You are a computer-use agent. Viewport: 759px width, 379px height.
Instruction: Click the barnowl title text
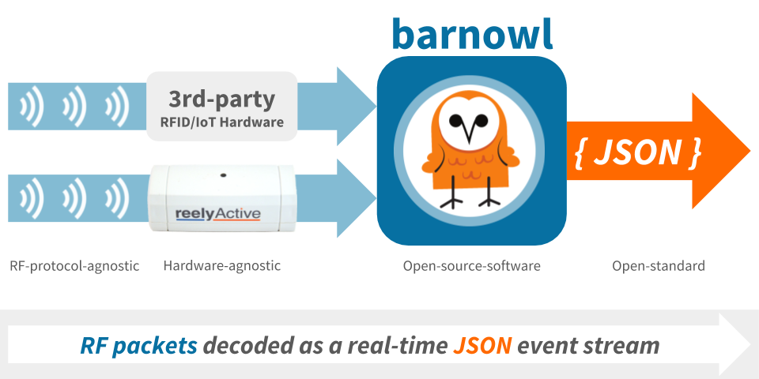pos(471,34)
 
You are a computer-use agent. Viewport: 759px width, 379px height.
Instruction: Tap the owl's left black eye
pos(455,120)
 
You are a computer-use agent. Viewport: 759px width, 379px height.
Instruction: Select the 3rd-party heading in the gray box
pos(221,99)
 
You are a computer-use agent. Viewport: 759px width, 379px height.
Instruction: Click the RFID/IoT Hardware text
pos(221,122)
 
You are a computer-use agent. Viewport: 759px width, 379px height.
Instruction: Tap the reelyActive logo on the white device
pos(217,214)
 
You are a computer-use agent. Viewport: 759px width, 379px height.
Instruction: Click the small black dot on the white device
pos(223,175)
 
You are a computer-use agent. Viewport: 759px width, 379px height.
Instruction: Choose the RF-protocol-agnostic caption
pos(74,265)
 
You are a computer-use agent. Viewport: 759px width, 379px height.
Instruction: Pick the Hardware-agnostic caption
pos(221,265)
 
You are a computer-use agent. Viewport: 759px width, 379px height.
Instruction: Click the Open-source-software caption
pos(471,265)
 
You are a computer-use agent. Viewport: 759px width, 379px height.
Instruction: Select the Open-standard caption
pos(659,265)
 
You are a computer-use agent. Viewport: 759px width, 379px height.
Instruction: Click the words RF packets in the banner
pos(138,346)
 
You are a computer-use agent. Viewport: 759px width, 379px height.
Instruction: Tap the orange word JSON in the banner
pos(482,345)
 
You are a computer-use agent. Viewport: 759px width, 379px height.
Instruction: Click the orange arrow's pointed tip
pos(750,150)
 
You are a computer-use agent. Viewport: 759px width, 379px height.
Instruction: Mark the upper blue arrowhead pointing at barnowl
pos(357,107)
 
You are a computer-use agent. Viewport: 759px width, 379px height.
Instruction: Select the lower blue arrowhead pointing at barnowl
pos(357,198)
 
